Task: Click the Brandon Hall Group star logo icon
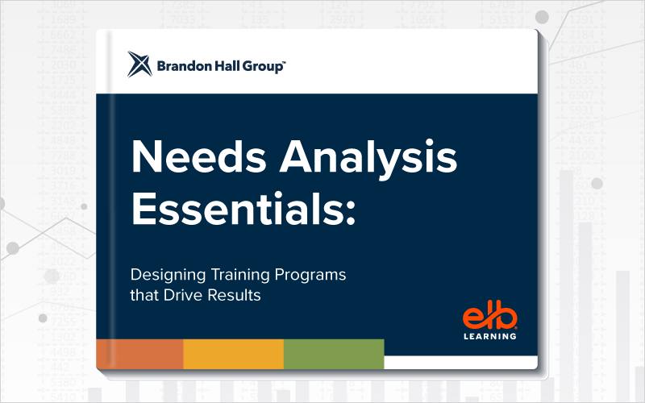click(139, 64)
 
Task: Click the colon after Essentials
click(351, 214)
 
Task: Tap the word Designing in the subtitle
click(168, 276)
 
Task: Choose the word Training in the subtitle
click(240, 276)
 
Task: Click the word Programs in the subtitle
click(310, 276)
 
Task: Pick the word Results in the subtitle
click(234, 295)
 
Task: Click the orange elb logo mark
click(489, 314)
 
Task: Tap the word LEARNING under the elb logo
click(490, 336)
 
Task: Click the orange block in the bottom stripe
click(139, 354)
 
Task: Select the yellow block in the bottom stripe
click(234, 354)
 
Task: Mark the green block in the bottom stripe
click(334, 354)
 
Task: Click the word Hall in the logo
click(227, 66)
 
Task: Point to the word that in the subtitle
click(144, 295)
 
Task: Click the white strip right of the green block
click(460, 362)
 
